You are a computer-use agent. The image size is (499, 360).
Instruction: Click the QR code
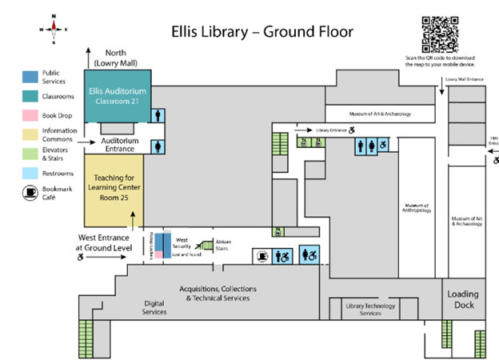pos(437,34)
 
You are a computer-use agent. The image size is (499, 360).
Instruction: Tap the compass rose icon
pos(54,28)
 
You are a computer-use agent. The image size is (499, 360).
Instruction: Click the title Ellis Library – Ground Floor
pos(262,33)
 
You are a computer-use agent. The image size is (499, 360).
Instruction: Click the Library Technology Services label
pos(369,310)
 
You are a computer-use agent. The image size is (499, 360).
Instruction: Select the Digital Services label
pos(155,307)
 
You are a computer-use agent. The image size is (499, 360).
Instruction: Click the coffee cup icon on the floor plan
pos(261,255)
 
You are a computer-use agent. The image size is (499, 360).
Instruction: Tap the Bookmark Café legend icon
pos(29,193)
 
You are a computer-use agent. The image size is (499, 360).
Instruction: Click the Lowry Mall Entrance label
pos(465,79)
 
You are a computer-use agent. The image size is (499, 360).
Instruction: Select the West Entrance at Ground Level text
pos(109,242)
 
